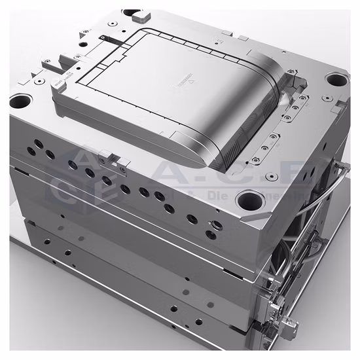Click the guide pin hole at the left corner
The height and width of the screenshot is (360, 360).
20,102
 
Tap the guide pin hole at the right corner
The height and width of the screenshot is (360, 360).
336,80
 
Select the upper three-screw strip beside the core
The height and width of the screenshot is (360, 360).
297,105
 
